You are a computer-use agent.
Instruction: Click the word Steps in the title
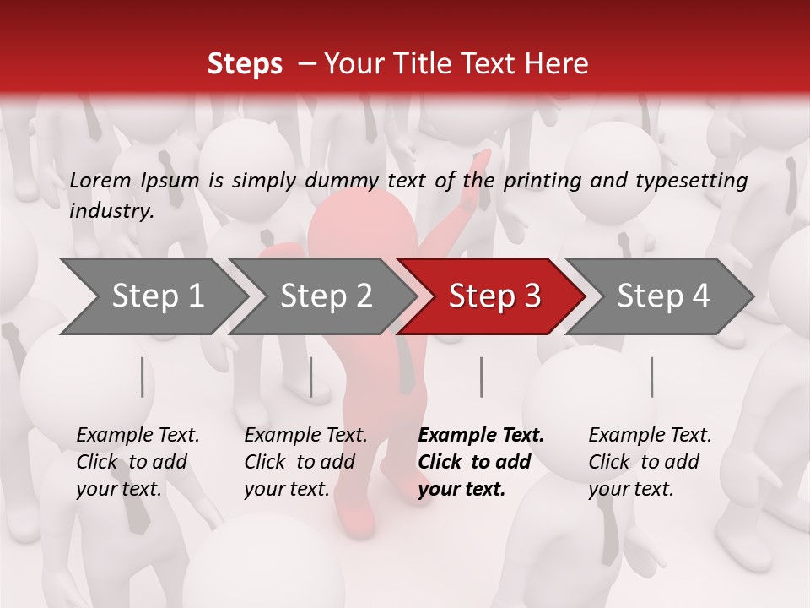[245, 64]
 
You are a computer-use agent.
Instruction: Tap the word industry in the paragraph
[111, 211]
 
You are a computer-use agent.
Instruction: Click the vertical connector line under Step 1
[142, 377]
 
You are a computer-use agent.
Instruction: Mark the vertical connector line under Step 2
[311, 377]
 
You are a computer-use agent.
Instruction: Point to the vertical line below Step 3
[481, 377]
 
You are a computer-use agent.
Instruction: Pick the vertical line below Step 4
[651, 377]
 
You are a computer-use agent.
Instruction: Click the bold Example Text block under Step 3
[481, 462]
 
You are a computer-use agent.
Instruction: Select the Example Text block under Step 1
[138, 462]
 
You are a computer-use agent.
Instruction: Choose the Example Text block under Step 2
[305, 462]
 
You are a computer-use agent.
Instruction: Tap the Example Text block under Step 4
[650, 462]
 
